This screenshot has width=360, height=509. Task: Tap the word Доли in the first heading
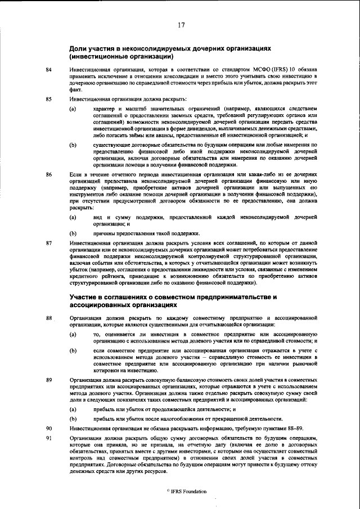point(79,49)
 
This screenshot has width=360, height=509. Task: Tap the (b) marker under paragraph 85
point(73,145)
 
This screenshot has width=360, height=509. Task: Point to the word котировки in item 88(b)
point(108,370)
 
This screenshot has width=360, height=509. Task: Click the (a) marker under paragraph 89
point(73,409)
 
